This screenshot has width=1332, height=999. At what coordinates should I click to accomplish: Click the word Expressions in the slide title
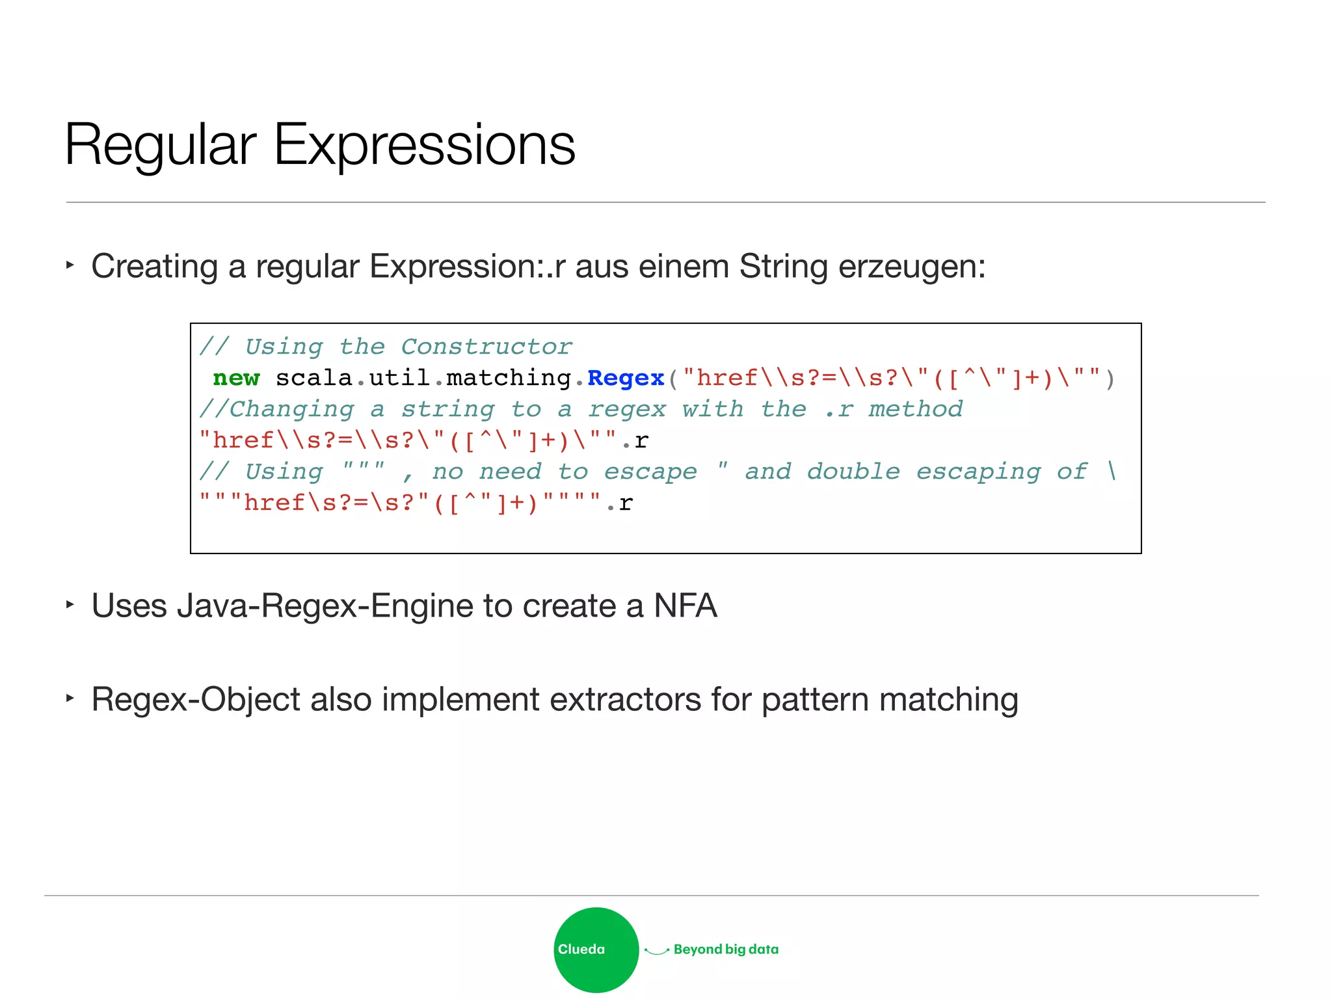[x=424, y=146]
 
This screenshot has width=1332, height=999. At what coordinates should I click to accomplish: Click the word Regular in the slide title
[x=160, y=146]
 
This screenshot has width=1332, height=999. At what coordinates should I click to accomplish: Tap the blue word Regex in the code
[x=625, y=378]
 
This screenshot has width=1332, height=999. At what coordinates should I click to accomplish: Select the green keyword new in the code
[x=236, y=378]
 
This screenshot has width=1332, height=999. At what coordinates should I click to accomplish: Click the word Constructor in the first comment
[x=486, y=347]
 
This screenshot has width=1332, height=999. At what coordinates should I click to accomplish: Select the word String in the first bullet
[x=783, y=267]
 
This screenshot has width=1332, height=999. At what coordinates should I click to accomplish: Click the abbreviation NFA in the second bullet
[x=685, y=606]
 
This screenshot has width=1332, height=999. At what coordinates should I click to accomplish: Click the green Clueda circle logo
[x=596, y=950]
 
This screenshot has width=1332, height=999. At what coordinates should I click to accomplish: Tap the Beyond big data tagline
[x=726, y=950]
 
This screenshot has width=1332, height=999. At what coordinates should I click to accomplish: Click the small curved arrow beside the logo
[x=656, y=951]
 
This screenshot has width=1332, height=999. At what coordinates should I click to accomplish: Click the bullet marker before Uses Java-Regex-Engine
[x=70, y=605]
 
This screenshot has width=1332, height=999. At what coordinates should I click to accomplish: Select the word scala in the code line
[x=313, y=378]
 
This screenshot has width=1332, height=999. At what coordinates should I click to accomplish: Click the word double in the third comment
[x=853, y=472]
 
